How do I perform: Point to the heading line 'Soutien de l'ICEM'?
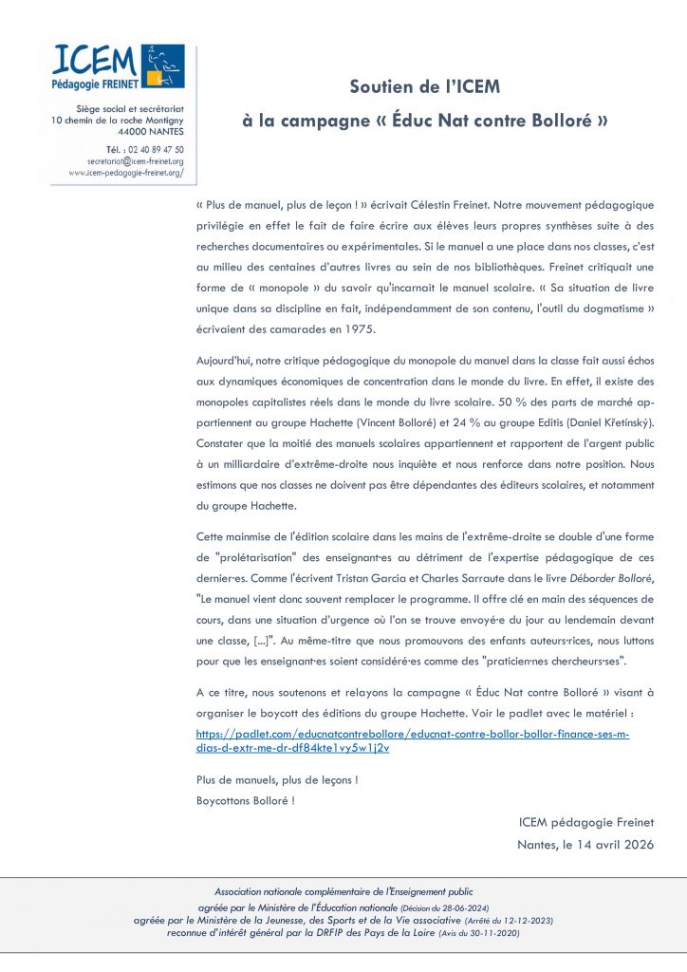[424, 87]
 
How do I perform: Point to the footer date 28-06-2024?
[464, 909]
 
